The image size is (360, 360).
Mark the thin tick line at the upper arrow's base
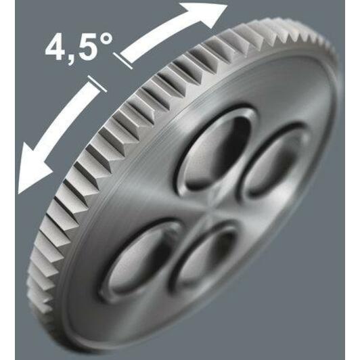[123, 61]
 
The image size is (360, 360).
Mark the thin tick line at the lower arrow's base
[97, 84]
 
